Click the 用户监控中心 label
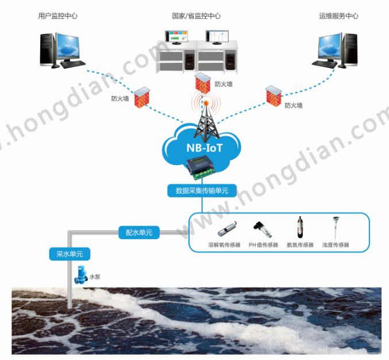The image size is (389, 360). coord(58,16)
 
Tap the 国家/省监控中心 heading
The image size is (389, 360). coord(196,16)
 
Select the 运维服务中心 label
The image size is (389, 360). coord(339,16)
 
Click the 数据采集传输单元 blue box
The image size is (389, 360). coord(202,190)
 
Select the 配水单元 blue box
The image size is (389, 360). coord(138,232)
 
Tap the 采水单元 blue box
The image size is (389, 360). coord(70,253)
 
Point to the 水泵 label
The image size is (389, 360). coord(94,277)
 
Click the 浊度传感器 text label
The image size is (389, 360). coord(336,245)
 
